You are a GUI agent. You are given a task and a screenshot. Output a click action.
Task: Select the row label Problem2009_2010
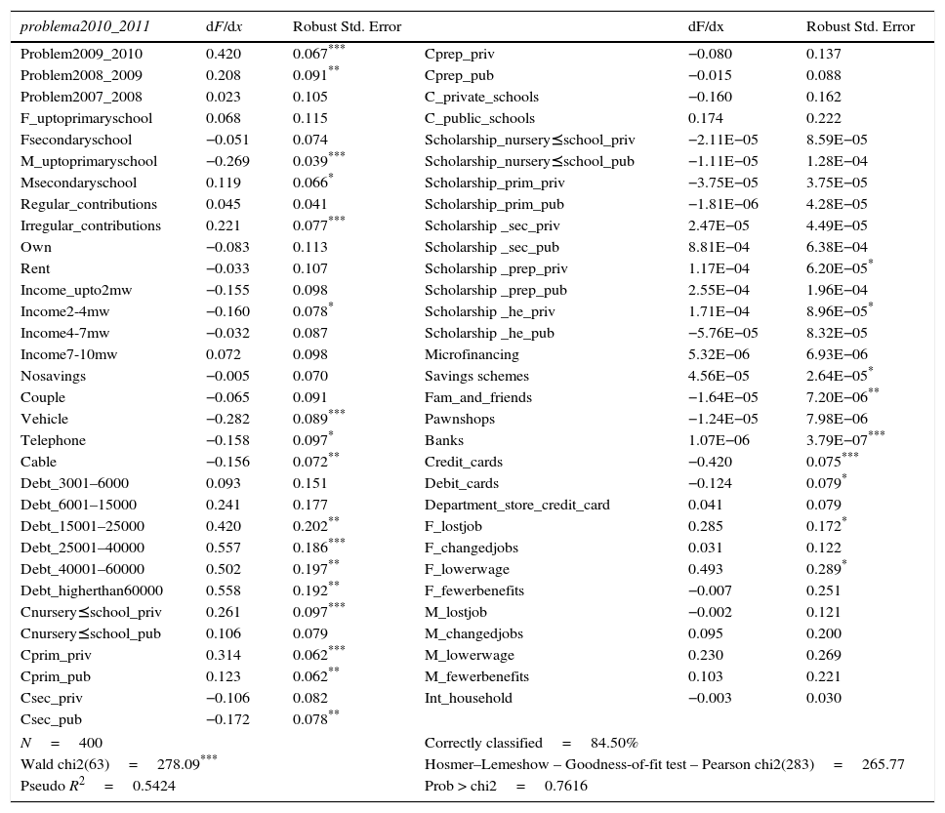click(81, 55)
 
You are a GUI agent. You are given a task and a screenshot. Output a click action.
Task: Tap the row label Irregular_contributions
click(91, 226)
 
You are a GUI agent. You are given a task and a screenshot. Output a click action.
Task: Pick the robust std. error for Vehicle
click(311, 420)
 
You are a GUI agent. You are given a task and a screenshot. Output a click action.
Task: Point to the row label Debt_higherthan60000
click(92, 591)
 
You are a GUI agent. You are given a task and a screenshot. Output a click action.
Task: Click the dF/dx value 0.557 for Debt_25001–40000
click(223, 549)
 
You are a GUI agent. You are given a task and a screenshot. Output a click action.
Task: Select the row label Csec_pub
click(52, 720)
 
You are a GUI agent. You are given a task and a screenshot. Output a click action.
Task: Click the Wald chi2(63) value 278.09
click(177, 765)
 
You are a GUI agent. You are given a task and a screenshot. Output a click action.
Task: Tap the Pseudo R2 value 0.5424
click(153, 787)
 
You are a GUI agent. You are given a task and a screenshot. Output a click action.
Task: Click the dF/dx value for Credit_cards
click(710, 463)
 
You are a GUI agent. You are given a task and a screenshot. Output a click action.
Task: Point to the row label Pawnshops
click(460, 420)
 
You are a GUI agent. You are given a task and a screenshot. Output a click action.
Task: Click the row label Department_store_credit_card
click(516, 506)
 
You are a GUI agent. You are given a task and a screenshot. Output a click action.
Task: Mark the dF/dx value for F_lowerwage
click(706, 570)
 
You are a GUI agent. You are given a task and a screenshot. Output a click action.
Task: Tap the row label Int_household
click(468, 699)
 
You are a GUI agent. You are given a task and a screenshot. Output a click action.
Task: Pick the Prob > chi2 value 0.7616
click(566, 787)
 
